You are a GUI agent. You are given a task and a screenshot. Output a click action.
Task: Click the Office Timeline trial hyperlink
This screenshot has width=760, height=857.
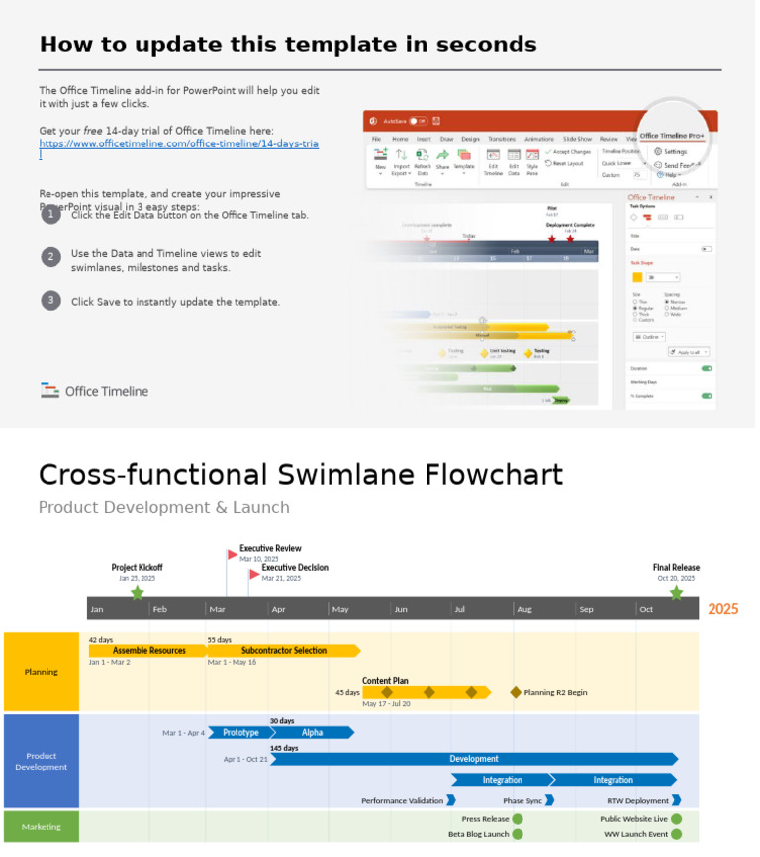178,144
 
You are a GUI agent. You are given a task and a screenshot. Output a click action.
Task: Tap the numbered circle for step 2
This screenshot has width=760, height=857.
50,257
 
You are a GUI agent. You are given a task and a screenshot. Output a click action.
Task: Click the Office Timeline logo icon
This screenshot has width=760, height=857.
50,390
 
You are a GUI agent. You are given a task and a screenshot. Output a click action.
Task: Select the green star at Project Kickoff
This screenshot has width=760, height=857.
137,593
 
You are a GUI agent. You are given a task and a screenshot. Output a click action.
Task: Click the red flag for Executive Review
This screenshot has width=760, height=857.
233,555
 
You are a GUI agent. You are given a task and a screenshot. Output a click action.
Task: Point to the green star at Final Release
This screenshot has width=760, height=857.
676,593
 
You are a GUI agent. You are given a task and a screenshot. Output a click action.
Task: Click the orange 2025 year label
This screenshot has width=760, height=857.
722,609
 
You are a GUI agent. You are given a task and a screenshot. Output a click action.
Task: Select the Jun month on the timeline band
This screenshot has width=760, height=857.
401,609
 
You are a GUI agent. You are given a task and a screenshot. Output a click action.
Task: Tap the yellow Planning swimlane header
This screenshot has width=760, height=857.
42,672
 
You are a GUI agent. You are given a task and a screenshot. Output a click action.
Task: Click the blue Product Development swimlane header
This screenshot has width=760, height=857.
42,761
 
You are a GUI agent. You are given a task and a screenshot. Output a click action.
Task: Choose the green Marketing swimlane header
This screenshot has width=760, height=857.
42,827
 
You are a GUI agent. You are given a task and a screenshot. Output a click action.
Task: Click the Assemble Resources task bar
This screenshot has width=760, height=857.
148,651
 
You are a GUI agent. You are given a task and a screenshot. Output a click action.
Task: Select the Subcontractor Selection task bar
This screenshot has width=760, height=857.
283,651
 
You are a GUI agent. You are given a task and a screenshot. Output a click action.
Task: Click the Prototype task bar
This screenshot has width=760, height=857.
239,733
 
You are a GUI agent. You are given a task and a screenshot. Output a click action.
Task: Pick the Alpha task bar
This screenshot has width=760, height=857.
312,733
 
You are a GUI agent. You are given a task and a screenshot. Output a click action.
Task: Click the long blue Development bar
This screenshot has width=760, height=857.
474,759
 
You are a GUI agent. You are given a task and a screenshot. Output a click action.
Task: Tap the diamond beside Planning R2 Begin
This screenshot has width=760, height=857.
516,692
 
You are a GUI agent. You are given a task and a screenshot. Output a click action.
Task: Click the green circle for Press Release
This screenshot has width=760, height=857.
518,819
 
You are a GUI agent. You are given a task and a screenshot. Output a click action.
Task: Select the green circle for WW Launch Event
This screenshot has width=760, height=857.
676,834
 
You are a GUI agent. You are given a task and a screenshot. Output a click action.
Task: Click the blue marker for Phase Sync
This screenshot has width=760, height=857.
550,800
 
